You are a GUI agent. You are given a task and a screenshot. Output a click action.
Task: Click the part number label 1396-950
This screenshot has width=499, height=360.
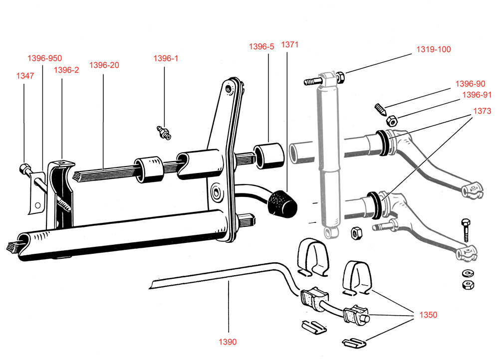coord(44,58)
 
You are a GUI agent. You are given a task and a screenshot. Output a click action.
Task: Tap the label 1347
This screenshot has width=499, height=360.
coord(25,76)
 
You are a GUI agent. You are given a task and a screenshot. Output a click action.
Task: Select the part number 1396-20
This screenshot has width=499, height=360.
coord(104,65)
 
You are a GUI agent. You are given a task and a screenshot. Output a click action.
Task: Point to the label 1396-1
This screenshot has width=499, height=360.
coord(166,58)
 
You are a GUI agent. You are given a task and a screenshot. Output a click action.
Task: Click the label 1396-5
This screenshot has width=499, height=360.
coord(261,47)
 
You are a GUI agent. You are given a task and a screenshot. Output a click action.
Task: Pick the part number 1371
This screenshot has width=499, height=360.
coord(289,44)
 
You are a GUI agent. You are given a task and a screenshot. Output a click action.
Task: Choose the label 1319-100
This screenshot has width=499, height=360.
coord(434,49)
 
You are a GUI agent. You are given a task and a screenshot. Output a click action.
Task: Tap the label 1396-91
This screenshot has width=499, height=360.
coord(477,95)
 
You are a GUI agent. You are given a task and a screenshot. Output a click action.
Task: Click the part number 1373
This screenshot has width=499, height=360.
coord(482,111)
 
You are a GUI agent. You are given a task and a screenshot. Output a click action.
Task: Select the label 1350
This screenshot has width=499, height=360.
coord(428,315)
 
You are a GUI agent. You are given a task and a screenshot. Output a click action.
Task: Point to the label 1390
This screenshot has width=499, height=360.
coord(228,342)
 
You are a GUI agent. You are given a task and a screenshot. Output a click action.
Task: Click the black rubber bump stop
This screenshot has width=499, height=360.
coord(282,203)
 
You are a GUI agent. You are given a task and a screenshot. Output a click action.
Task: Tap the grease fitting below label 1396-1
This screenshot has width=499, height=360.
coord(164,133)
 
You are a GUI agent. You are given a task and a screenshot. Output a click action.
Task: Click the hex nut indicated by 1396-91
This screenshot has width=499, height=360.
coord(391,121)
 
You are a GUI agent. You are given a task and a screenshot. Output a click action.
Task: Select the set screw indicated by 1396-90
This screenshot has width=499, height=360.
coord(380,109)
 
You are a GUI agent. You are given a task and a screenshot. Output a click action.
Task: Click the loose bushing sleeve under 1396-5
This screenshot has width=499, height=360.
coord(268,156)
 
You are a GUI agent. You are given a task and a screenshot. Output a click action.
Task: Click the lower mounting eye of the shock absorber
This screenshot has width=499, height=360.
coord(331,232)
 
